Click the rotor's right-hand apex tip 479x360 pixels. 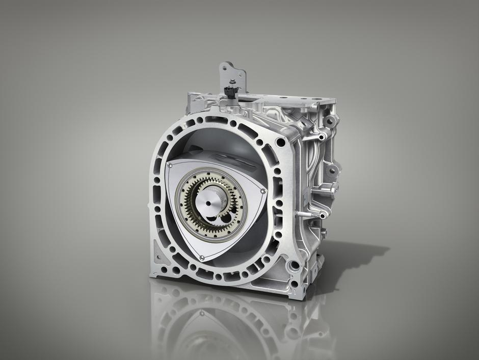262,191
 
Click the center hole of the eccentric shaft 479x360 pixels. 210,204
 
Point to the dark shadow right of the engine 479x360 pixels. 352,255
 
